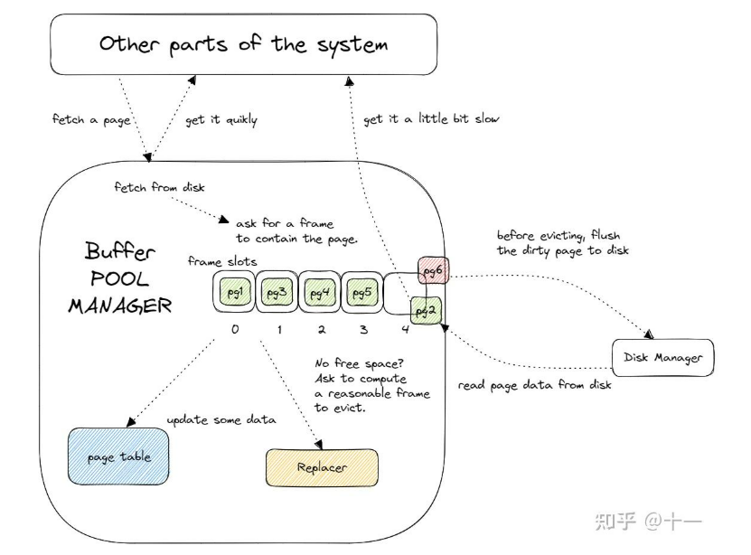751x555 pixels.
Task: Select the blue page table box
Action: click(119, 456)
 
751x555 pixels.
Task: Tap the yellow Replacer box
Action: click(322, 467)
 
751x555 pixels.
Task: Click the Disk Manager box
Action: click(662, 358)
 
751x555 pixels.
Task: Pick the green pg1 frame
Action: click(234, 293)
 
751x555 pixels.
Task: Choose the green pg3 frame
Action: click(277, 293)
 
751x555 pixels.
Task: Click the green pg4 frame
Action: click(319, 293)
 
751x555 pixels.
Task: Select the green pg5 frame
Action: click(361, 293)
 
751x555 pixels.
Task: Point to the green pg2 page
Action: click(426, 310)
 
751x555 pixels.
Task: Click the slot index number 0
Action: click(235, 330)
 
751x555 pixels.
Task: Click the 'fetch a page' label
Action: click(90, 119)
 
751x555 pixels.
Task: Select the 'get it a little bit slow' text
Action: click(430, 119)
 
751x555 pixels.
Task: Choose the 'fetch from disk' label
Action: click(159, 187)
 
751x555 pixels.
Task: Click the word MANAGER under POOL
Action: click(119, 306)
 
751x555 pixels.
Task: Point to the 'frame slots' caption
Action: click(222, 261)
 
